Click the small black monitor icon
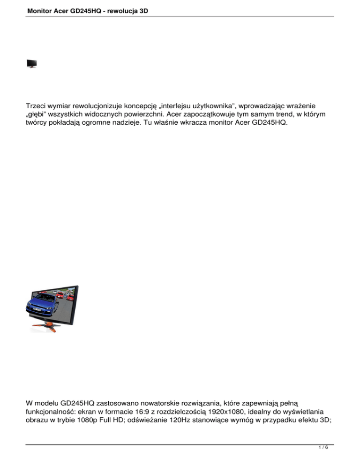32,64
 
